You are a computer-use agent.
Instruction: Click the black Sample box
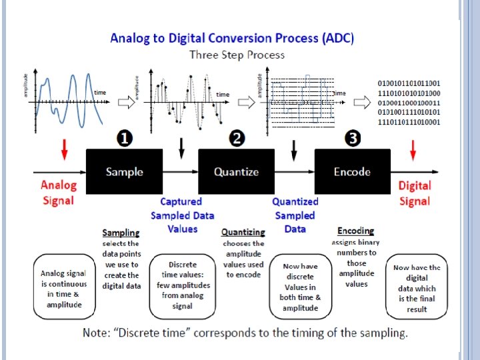click(x=124, y=171)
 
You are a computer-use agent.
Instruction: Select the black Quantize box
click(x=236, y=171)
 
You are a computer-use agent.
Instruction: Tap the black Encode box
click(x=352, y=171)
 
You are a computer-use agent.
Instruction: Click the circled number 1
click(x=124, y=138)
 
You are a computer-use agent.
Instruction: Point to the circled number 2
click(x=237, y=138)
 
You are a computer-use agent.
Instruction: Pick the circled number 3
click(x=352, y=138)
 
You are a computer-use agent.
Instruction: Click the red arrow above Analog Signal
click(x=64, y=149)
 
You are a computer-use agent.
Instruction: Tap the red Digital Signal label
click(x=415, y=193)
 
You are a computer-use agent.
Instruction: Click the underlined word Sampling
click(x=121, y=233)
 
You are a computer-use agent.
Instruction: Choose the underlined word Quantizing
click(x=243, y=232)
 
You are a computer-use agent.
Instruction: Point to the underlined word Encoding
click(x=355, y=231)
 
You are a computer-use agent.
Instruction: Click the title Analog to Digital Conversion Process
click(x=232, y=38)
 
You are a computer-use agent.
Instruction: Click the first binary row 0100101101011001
click(x=409, y=83)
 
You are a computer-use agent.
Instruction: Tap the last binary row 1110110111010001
click(x=409, y=122)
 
